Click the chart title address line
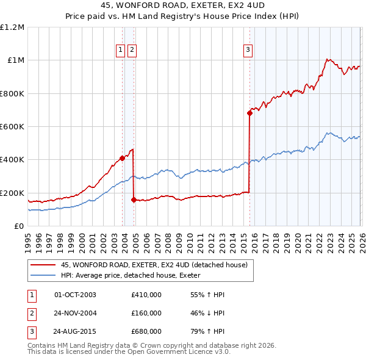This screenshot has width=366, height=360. pyautogui.click(x=183, y=5)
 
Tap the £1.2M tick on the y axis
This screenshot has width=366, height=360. pyautogui.click(x=12, y=27)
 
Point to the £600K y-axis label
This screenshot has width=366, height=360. pyautogui.click(x=12, y=127)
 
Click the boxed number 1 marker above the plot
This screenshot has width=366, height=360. pyautogui.click(x=121, y=51)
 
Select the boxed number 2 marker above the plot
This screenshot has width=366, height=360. pyautogui.click(x=132, y=51)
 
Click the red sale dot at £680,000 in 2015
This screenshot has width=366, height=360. pyautogui.click(x=249, y=113)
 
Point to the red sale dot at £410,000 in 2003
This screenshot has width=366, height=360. pyautogui.click(x=122, y=158)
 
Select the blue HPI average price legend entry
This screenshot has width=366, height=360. pyautogui.click(x=141, y=275)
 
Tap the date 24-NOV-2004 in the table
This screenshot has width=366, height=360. pyautogui.click(x=75, y=313)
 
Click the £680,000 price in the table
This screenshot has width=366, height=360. pyautogui.click(x=146, y=332)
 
